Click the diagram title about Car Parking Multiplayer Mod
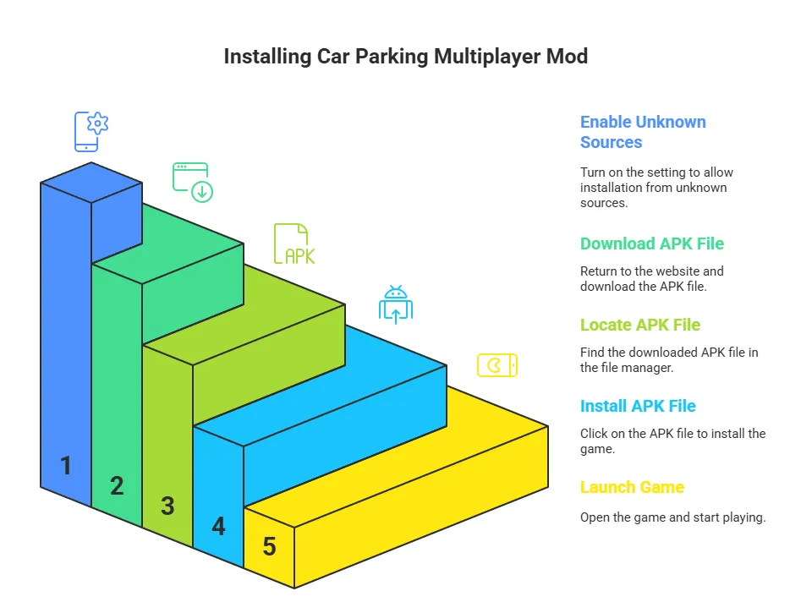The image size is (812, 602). (x=405, y=57)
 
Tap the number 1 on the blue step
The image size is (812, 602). (x=66, y=465)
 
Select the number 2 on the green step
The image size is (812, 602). (x=117, y=485)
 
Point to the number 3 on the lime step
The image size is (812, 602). (x=167, y=506)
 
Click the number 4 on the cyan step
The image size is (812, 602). (x=218, y=526)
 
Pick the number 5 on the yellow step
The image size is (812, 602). (x=269, y=546)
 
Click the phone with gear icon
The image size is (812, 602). (x=91, y=131)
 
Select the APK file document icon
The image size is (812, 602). (x=294, y=245)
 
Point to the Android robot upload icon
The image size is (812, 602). (x=395, y=305)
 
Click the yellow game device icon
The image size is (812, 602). (x=497, y=365)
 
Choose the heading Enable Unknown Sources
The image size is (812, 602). (x=643, y=132)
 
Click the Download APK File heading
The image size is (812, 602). (x=652, y=244)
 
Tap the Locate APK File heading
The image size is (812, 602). (x=640, y=325)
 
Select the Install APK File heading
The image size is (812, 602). (x=638, y=406)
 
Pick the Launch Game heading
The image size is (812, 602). (x=632, y=487)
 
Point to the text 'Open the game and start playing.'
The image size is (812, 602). (x=672, y=517)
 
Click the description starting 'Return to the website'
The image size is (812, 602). (x=651, y=279)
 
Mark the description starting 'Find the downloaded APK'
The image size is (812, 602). (x=668, y=360)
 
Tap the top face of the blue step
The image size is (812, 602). (x=91, y=182)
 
